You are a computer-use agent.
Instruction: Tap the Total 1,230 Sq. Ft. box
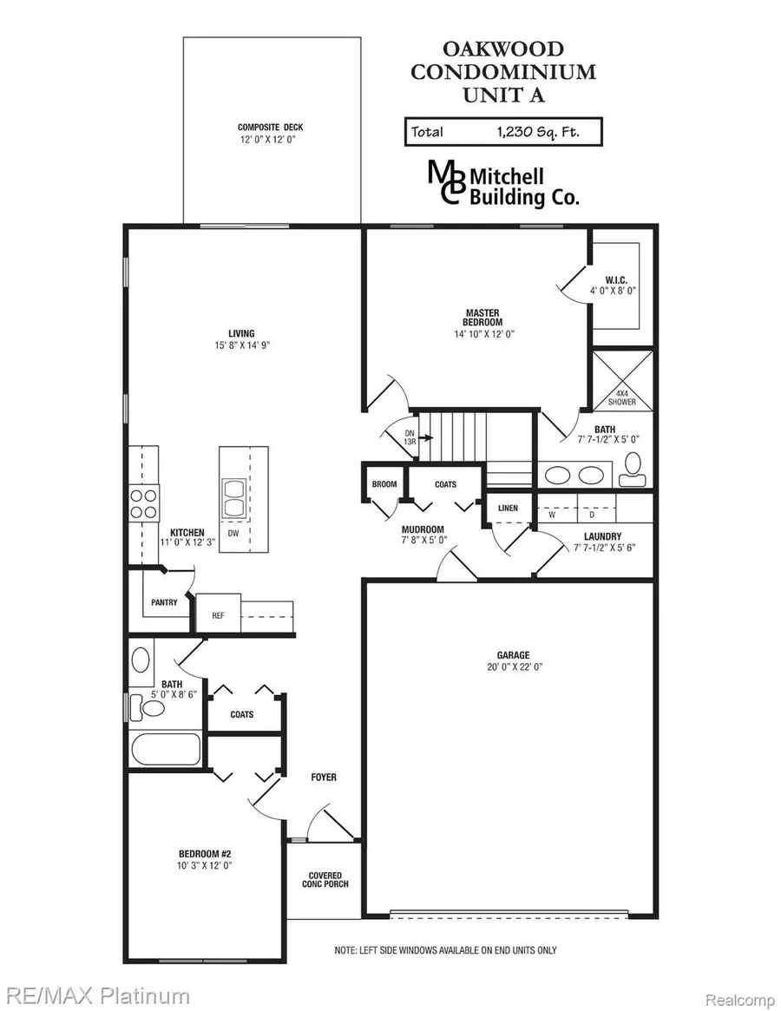(502, 132)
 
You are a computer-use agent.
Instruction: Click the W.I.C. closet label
(617, 286)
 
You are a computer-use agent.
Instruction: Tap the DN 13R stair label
(410, 437)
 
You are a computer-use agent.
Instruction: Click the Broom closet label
(384, 485)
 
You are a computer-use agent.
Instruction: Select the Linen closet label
(509, 508)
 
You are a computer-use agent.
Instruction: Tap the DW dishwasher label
(233, 534)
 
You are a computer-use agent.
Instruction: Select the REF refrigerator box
(218, 614)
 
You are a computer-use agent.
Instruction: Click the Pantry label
(163, 602)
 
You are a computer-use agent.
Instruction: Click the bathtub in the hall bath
(165, 749)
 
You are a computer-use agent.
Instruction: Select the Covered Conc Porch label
(325, 881)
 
